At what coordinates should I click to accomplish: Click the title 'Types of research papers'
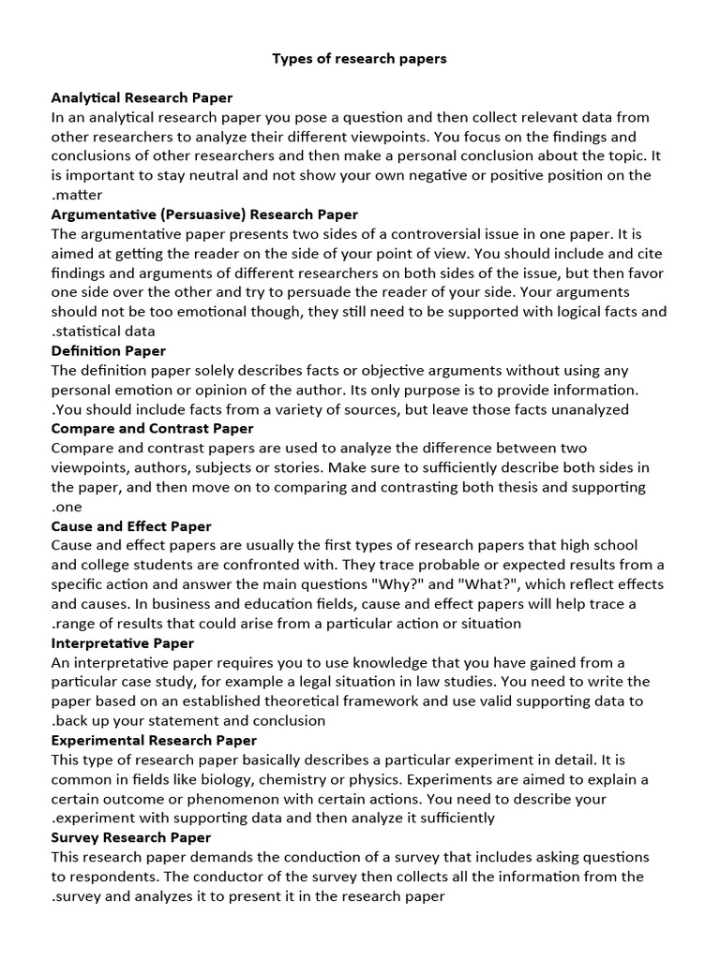point(359,59)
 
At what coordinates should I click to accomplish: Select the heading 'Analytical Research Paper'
point(142,97)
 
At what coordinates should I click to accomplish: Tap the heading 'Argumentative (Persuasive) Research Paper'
point(204,214)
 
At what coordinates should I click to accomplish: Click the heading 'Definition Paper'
point(108,350)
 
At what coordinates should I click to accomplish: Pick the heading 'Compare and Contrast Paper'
point(152,429)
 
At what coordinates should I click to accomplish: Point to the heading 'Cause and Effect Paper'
point(131,526)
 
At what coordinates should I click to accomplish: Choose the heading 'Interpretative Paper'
point(123,643)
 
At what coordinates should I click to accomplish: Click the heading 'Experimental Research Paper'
point(154,740)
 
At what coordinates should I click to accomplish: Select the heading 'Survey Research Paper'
point(131,837)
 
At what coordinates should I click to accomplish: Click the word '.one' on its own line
point(67,507)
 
